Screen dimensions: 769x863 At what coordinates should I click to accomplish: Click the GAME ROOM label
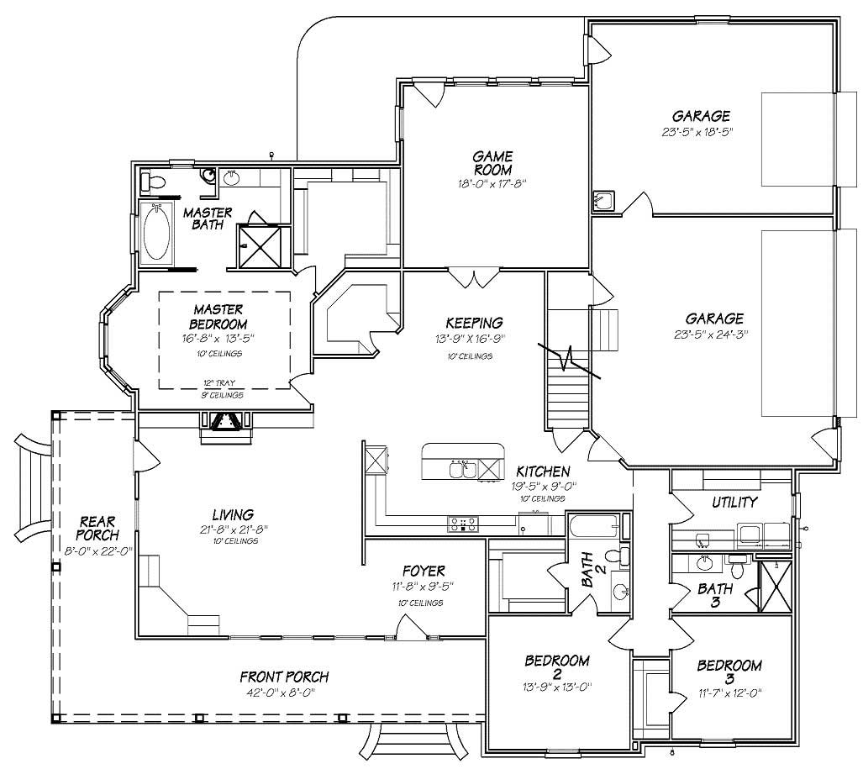(x=492, y=163)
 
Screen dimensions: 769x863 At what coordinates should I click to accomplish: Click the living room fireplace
(x=224, y=424)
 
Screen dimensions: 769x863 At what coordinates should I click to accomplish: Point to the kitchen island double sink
(x=462, y=469)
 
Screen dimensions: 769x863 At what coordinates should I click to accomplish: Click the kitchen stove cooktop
(x=462, y=524)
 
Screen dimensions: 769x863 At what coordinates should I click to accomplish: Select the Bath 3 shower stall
(x=774, y=586)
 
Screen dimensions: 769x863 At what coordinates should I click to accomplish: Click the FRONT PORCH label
(x=284, y=677)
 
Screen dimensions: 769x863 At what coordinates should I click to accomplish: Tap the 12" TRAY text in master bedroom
(x=223, y=383)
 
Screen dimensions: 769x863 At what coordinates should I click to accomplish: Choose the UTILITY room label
(x=734, y=502)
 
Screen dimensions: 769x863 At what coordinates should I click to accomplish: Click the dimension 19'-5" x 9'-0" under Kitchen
(x=543, y=486)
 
